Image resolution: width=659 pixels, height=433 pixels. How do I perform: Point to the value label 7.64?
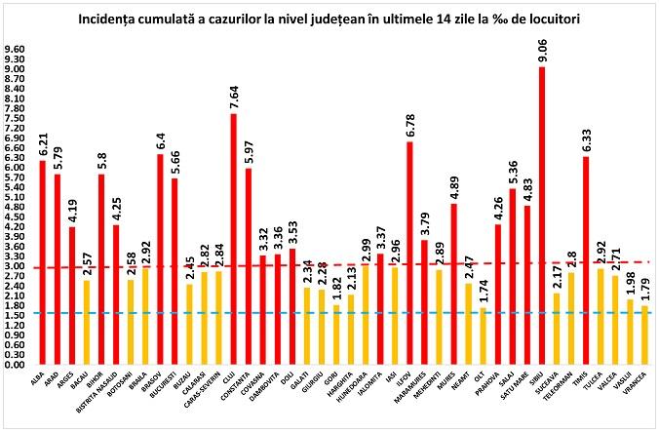[234, 97]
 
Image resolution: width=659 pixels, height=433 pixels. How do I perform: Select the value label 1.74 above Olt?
[483, 290]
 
